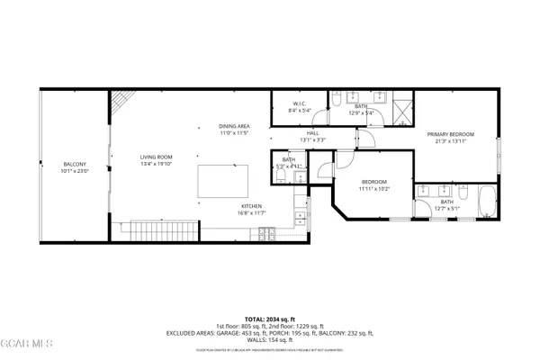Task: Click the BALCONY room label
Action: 73,164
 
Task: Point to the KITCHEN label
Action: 251,206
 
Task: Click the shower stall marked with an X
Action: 401,106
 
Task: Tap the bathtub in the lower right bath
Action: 487,198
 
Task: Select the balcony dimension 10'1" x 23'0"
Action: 73,171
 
